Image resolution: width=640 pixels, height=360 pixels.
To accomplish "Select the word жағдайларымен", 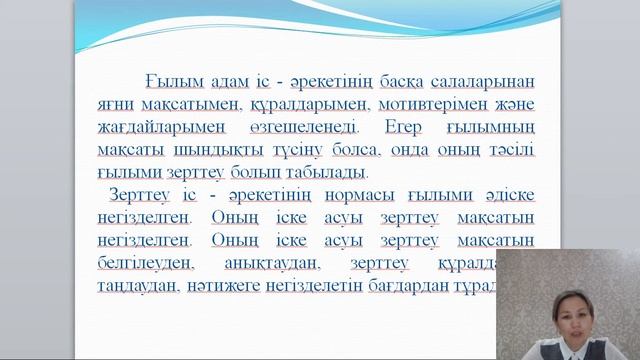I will click(x=160, y=128).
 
